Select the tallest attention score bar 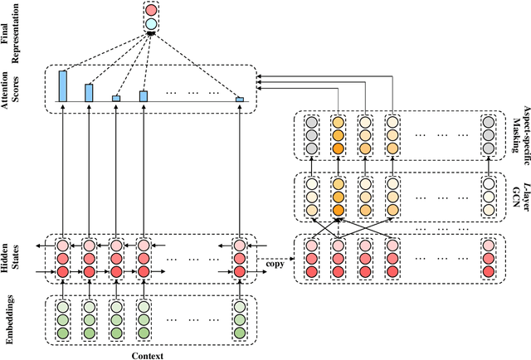click(62, 85)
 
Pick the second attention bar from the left click(89, 92)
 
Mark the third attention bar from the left click(116, 98)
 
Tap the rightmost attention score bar click(239, 100)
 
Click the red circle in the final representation click(150, 11)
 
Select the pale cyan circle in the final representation click(150, 25)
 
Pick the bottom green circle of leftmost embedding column click(62, 333)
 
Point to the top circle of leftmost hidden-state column click(62, 246)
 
